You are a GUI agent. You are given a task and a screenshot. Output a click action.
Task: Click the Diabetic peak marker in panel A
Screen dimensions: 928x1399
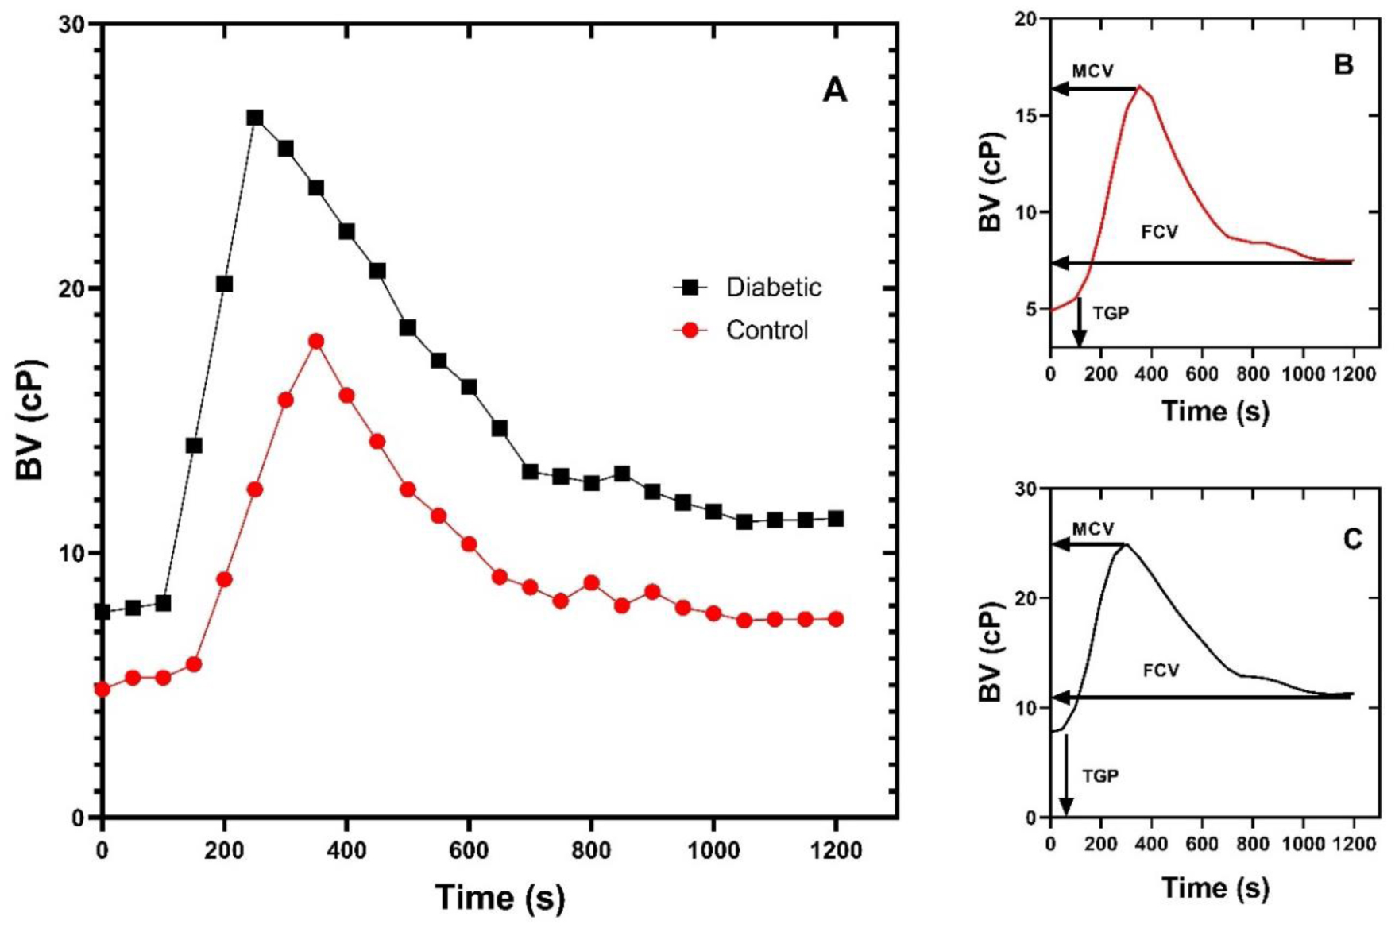click(254, 118)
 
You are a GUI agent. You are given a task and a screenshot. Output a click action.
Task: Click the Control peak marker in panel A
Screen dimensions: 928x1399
click(316, 342)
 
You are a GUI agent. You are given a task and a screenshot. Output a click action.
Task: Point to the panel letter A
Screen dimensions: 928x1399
click(834, 90)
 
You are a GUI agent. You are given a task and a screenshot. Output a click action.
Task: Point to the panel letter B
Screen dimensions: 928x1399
click(1343, 64)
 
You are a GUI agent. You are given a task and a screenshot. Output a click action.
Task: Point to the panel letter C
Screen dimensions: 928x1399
click(1352, 539)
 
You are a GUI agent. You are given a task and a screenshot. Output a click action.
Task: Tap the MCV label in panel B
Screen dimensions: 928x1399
click(1092, 72)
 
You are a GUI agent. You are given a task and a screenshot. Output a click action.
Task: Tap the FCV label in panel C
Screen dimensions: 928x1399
click(1161, 671)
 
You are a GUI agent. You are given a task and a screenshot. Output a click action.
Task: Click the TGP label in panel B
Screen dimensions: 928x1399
click(1111, 313)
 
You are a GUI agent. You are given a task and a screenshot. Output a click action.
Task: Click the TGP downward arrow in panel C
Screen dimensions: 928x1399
click(1066, 775)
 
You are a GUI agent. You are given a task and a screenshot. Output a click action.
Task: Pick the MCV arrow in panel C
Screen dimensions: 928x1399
click(1088, 545)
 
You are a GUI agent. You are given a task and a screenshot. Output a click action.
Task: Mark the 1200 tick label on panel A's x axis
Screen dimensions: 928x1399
click(836, 851)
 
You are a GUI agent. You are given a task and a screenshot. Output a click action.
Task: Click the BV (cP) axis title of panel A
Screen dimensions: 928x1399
click(32, 420)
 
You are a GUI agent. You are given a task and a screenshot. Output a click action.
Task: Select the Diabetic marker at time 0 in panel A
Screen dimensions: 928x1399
click(102, 612)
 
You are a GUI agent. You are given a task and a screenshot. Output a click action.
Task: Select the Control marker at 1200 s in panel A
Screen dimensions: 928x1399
click(836, 619)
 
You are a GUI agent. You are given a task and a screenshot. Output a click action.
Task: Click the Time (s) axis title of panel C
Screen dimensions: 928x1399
click(1215, 887)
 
